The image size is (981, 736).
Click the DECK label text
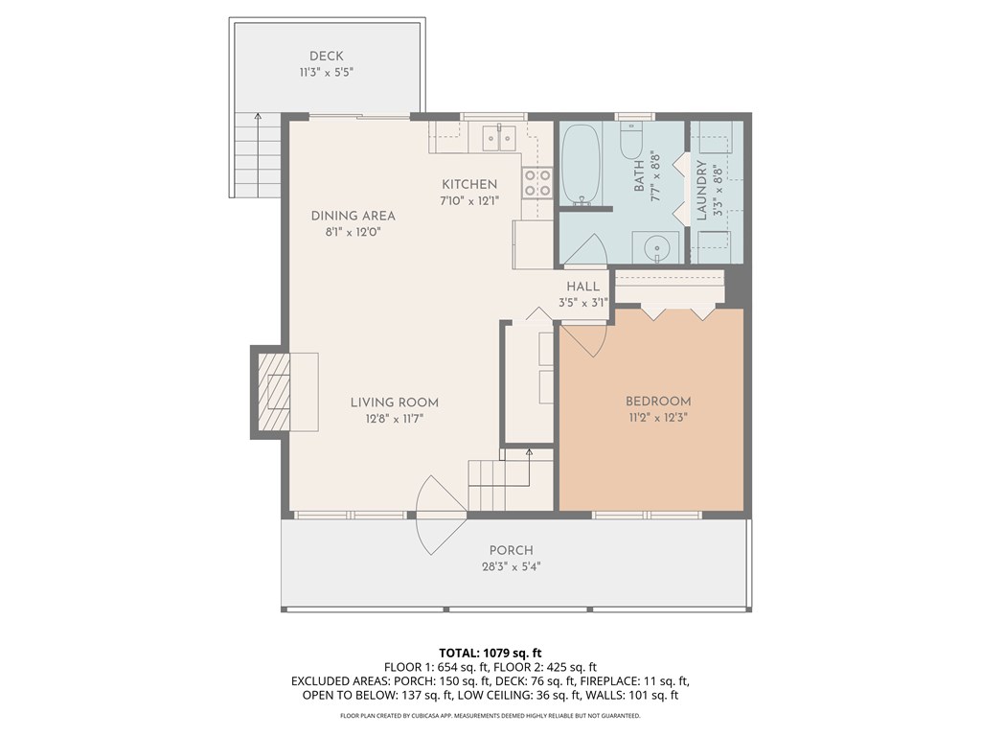pos(326,56)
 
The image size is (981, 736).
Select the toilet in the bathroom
pos(631,143)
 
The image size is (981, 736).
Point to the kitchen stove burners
pos(536,182)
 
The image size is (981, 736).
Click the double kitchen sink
pos(499,138)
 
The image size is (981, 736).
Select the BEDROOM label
pos(658,402)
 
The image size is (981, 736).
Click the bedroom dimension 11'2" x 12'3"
pos(658,418)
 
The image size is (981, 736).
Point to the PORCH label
pos(511,550)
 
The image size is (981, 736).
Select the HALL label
pos(582,287)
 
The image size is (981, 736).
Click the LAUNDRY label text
pos(701,190)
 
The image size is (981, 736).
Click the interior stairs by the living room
pos(499,483)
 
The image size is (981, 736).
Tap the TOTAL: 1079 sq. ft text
pos(490,654)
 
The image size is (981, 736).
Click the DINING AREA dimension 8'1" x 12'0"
pos(354,232)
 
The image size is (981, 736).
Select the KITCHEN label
pos(468,184)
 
